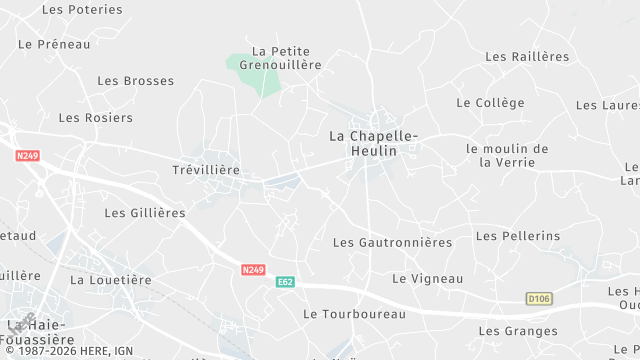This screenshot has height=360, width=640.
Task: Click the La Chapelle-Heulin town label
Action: click(x=375, y=143)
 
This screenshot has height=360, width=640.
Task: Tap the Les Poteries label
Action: click(x=82, y=9)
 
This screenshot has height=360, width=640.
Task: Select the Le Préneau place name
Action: click(x=54, y=44)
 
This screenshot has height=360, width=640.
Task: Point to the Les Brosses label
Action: click(x=135, y=81)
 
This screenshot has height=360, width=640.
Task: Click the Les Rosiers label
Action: click(x=95, y=118)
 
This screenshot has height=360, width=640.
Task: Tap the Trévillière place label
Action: click(x=206, y=170)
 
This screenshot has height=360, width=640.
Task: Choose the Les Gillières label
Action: click(x=145, y=213)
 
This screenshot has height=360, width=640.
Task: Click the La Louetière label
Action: click(x=110, y=280)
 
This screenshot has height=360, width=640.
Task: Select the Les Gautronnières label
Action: click(x=392, y=242)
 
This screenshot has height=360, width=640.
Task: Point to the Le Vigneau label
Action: click(x=428, y=278)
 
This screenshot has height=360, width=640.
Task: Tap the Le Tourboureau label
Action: click(x=354, y=314)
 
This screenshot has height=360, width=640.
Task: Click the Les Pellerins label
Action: click(x=518, y=236)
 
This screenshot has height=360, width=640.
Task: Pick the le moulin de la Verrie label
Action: click(x=507, y=156)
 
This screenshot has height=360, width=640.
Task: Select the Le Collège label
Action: click(x=490, y=103)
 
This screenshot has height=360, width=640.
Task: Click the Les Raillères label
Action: click(x=526, y=57)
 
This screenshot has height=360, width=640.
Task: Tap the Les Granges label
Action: click(x=518, y=331)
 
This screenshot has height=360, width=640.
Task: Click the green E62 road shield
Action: click(x=285, y=283)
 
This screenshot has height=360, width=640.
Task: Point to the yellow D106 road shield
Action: click(x=539, y=299)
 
